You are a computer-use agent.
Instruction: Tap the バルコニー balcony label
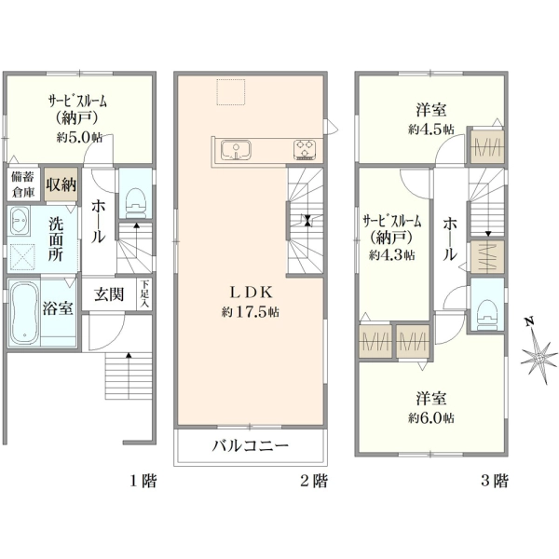point(252,445)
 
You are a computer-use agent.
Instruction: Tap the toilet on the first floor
point(136,198)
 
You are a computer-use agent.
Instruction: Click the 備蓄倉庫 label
point(22,184)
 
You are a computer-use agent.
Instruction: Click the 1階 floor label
point(142,482)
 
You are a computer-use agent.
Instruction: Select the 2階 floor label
point(313,482)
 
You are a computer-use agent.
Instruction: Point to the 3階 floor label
point(494,482)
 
